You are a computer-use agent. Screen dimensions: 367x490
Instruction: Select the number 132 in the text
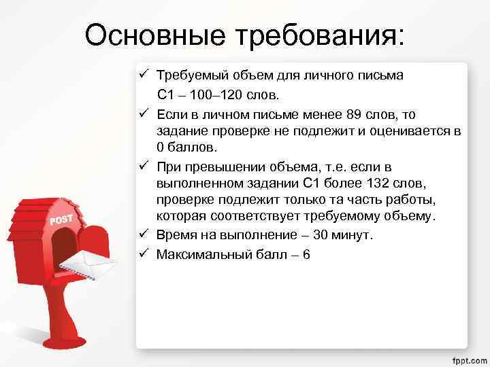click(x=378, y=183)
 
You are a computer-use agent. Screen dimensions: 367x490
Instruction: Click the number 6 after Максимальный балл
click(x=306, y=255)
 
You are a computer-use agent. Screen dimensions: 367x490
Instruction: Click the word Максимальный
click(x=201, y=255)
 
